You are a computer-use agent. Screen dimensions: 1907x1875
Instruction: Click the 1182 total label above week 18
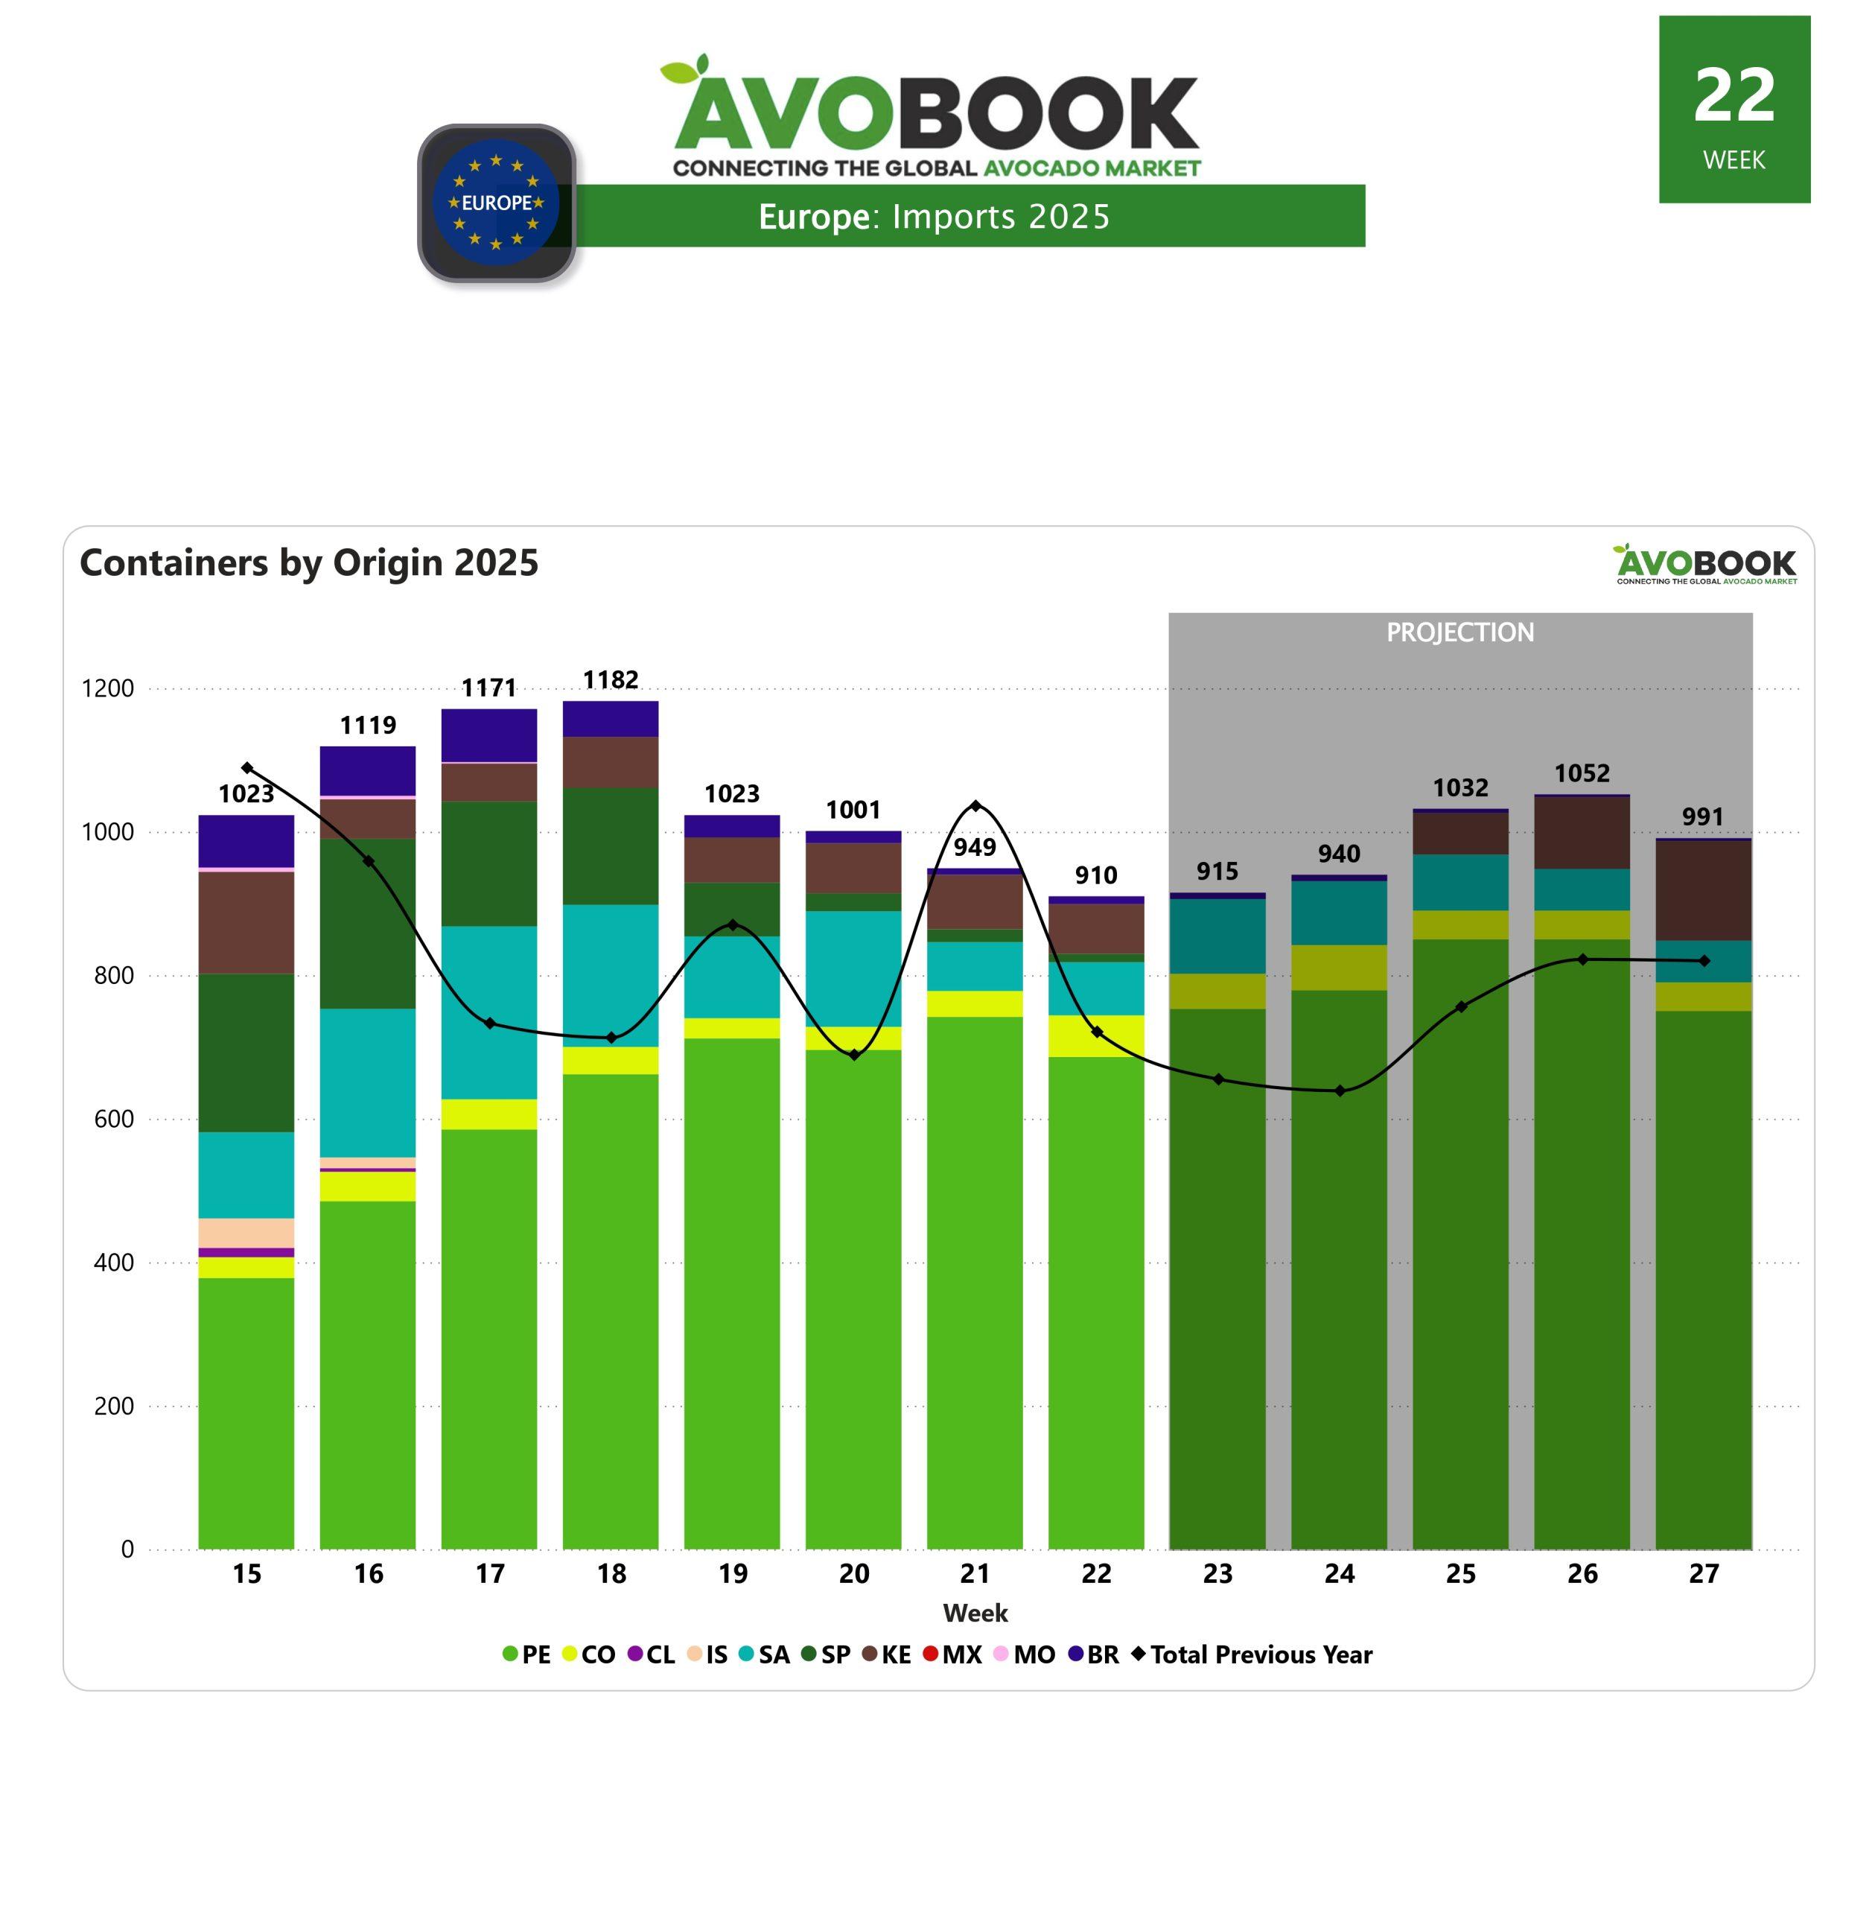(611, 679)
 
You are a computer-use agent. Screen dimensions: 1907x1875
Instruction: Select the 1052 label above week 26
(1582, 773)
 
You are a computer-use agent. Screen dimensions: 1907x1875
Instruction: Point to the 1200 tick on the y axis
(107, 688)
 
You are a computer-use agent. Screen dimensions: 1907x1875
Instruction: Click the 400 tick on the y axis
(113, 1262)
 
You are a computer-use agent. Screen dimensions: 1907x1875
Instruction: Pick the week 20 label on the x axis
(854, 1574)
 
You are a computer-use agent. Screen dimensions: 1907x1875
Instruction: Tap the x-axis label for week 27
(1704, 1574)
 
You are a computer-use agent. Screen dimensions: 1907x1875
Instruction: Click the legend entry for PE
(527, 1654)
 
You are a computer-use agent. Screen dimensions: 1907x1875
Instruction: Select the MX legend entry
(952, 1654)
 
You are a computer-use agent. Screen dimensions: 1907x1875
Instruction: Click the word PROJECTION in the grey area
(1459, 632)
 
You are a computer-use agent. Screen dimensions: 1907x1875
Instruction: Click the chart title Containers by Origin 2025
(309, 562)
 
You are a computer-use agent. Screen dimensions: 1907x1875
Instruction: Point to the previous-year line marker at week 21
(975, 806)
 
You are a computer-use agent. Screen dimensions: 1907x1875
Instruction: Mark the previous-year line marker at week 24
(1340, 1091)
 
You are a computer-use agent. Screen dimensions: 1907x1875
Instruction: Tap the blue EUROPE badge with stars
(497, 202)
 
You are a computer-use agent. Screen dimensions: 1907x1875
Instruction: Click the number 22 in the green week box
(1734, 95)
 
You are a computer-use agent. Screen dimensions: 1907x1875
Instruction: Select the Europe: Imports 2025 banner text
(934, 217)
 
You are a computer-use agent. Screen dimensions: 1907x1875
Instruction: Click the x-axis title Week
(975, 1614)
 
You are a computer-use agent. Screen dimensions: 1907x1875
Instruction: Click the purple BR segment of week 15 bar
(246, 841)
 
